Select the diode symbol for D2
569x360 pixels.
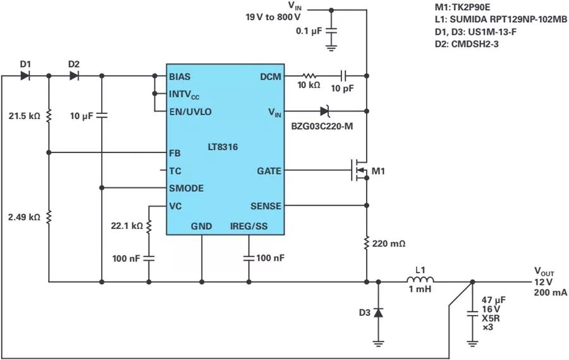point(74,76)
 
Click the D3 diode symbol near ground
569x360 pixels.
point(378,312)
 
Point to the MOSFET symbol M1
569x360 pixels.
point(358,171)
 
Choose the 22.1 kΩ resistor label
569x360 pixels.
point(126,226)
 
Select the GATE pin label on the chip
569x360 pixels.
point(269,171)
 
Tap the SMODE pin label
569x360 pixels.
point(185,188)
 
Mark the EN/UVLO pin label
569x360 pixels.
point(190,111)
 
